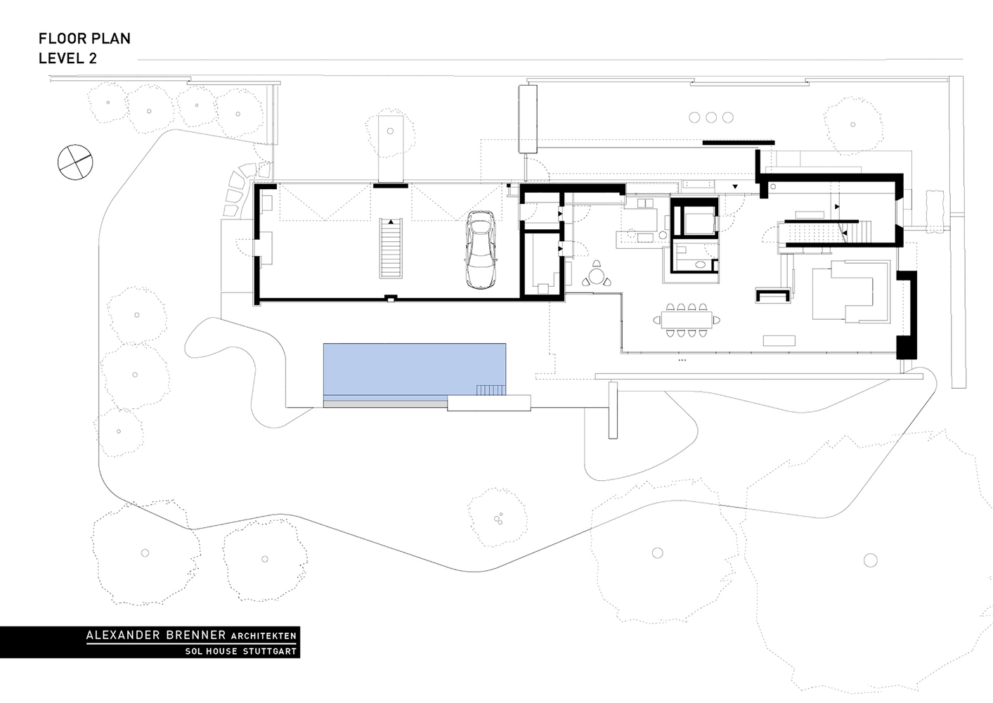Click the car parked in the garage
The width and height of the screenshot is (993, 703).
pyautogui.click(x=480, y=250)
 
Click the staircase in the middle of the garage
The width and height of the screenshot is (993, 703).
pyautogui.click(x=391, y=247)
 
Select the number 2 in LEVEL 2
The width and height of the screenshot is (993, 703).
pyautogui.click(x=92, y=59)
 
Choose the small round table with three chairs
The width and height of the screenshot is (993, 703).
pyautogui.click(x=597, y=276)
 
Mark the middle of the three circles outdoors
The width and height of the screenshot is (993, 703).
pyautogui.click(x=711, y=117)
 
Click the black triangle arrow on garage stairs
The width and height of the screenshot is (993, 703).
pyautogui.click(x=391, y=221)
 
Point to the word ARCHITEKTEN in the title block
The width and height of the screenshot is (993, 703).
pyautogui.click(x=264, y=636)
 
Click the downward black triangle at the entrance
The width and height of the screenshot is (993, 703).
pyautogui.click(x=735, y=187)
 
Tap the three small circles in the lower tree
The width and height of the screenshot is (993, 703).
pyautogui.click(x=498, y=518)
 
